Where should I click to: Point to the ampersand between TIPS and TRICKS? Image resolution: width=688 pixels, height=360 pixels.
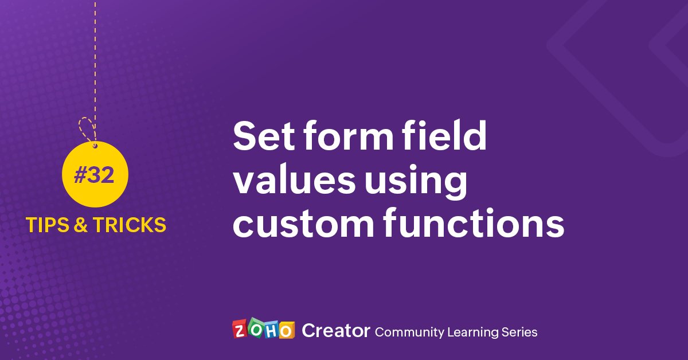[81, 225]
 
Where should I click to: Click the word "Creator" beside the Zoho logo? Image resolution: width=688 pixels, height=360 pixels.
[335, 331]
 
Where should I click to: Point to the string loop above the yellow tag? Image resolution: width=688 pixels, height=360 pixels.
[87, 130]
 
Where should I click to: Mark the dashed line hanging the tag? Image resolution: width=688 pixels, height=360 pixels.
[95, 57]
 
